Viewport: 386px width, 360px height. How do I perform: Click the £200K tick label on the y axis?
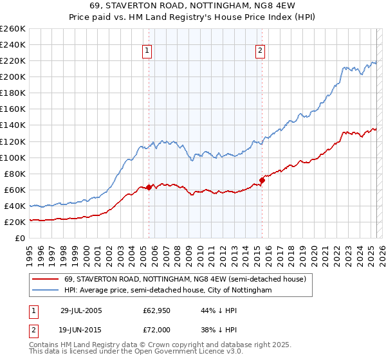[x=13, y=76]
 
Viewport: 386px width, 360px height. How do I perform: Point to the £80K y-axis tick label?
[x=15, y=174]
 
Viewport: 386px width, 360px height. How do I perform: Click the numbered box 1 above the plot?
[x=147, y=51]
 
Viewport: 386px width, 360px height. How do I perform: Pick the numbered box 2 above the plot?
[x=261, y=51]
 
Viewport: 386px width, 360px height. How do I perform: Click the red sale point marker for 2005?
[x=149, y=187]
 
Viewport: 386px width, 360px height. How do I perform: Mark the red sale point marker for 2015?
[x=262, y=180]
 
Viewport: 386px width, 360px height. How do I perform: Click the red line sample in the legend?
[x=46, y=280]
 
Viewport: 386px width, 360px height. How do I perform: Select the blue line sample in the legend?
[x=46, y=291]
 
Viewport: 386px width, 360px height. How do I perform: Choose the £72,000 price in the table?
[x=156, y=328]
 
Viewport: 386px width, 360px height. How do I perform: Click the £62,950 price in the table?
[x=156, y=310]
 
